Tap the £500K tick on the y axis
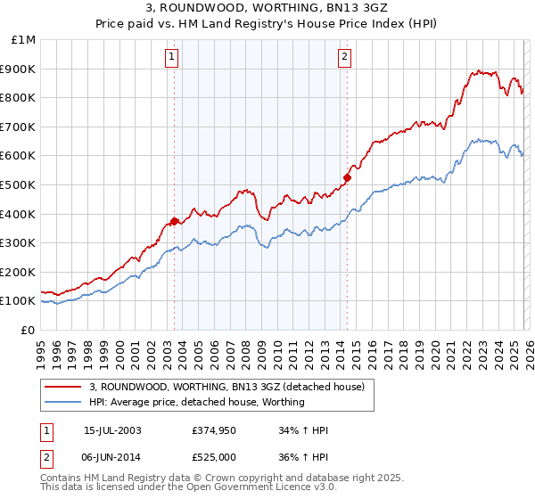[19, 184]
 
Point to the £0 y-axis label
[27, 330]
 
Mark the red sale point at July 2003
[175, 221]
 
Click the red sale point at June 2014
[347, 177]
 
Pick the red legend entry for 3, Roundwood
[226, 388]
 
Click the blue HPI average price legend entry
[196, 403]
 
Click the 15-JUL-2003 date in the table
[112, 430]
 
